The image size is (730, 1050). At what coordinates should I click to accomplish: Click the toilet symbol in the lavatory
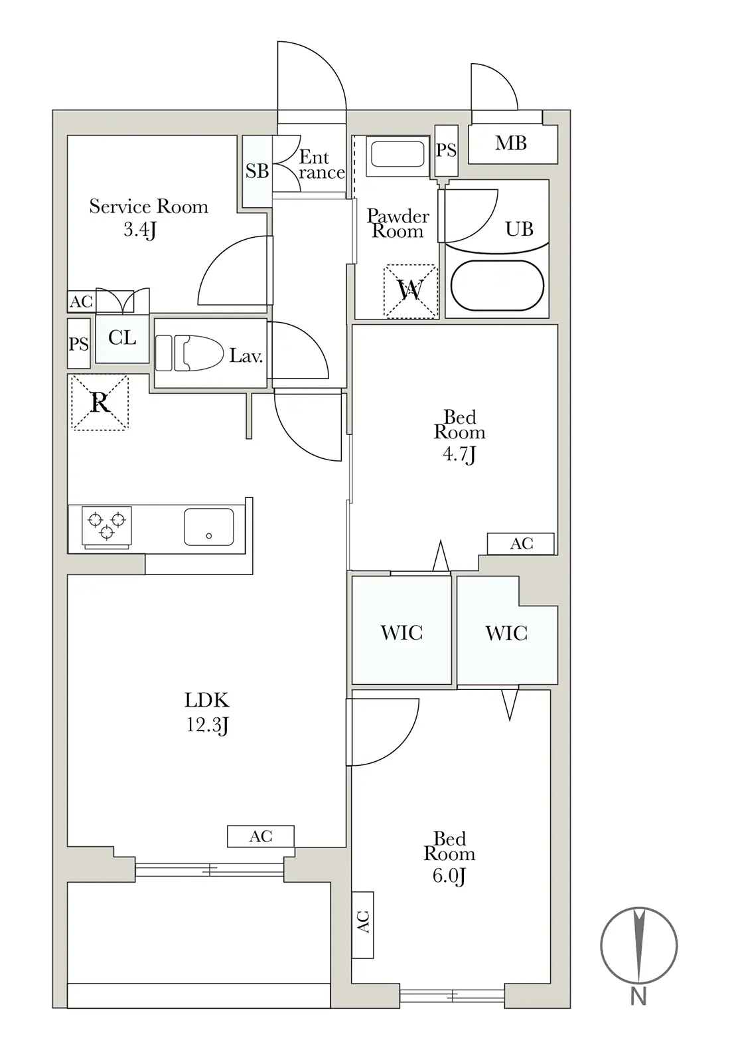pyautogui.click(x=189, y=353)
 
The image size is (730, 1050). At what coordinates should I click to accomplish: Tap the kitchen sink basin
pyautogui.click(x=209, y=527)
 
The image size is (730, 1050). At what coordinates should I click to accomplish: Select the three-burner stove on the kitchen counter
pyautogui.click(x=107, y=527)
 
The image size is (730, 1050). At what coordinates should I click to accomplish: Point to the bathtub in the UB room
pyautogui.click(x=497, y=286)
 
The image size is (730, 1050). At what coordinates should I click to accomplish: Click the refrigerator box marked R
pyautogui.click(x=100, y=402)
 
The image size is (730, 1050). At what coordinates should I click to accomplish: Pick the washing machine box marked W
pyautogui.click(x=411, y=291)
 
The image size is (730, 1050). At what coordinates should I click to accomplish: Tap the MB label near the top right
pyautogui.click(x=511, y=143)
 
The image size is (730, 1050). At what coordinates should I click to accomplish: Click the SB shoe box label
pyautogui.click(x=257, y=171)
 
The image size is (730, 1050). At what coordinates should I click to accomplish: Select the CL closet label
pyautogui.click(x=121, y=337)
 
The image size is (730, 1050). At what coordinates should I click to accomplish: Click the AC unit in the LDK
pyautogui.click(x=261, y=836)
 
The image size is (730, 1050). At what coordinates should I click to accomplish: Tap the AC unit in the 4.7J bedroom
pyautogui.click(x=521, y=544)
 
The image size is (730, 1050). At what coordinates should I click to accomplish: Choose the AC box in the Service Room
pyautogui.click(x=82, y=302)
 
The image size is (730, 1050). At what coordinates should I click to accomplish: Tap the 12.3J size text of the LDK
pyautogui.click(x=207, y=725)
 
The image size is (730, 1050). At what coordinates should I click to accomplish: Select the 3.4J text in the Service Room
pyautogui.click(x=139, y=230)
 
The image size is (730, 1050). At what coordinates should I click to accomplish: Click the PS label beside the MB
pyautogui.click(x=446, y=150)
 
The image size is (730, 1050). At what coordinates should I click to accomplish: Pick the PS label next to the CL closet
pyautogui.click(x=78, y=345)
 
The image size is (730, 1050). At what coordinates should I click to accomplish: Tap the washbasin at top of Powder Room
pyautogui.click(x=398, y=156)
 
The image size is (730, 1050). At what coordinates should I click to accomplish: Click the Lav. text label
pyautogui.click(x=246, y=356)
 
